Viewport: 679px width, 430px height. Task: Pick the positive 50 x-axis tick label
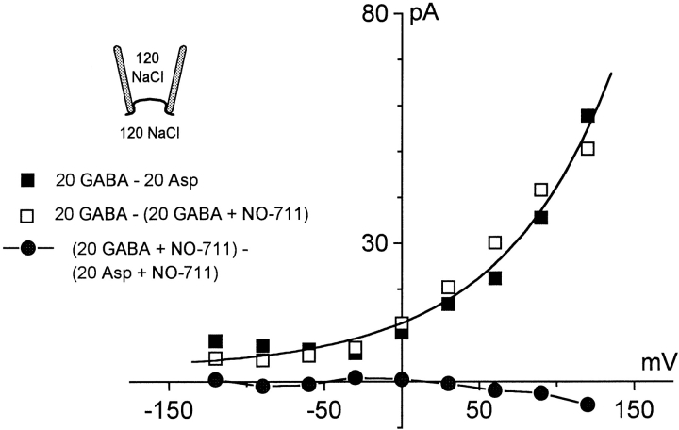480,408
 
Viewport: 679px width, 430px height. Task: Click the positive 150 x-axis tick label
633,408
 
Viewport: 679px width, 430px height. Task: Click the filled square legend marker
27,179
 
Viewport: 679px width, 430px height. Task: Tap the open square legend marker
27,214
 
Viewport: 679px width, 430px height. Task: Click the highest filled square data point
588,116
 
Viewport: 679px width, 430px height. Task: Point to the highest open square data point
588,148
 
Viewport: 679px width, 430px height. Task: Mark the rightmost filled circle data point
588,405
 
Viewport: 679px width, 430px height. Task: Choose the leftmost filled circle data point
216,380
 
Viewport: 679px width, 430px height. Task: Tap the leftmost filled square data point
216,341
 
